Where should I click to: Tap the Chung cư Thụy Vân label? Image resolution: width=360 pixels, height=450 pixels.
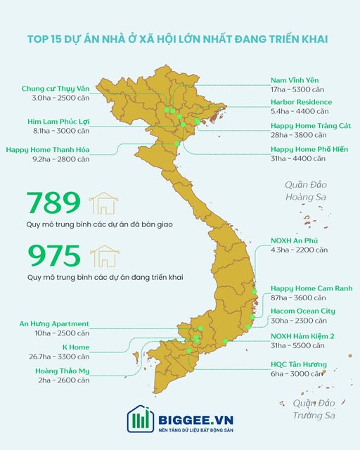[55, 89]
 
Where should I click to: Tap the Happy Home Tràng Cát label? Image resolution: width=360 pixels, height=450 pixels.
[310, 126]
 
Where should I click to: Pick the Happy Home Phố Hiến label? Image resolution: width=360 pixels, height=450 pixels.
[310, 150]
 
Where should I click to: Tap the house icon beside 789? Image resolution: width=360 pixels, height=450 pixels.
[103, 203]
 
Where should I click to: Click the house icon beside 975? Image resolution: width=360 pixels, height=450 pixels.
[103, 256]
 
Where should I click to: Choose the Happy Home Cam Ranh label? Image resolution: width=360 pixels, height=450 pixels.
[311, 288]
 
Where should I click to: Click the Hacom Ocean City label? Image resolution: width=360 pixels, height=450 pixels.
[302, 311]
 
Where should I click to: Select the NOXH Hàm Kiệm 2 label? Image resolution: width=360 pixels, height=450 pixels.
[302, 336]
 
